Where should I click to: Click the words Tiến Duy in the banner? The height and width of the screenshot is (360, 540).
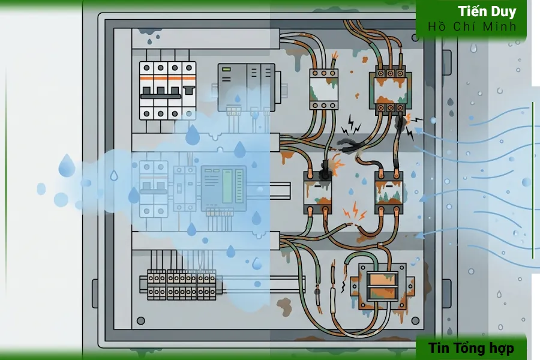pos(487,12)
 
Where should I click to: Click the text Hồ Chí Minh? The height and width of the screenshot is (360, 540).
pos(472,26)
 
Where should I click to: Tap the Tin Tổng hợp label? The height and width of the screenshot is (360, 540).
pos(471,348)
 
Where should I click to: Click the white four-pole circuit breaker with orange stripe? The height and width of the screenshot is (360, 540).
pos(168,91)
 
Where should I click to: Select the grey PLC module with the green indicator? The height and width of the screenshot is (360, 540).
pos(246,88)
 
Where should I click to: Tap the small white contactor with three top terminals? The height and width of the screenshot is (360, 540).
pos(324,89)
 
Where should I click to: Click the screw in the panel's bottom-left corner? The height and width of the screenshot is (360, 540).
pos(140,321)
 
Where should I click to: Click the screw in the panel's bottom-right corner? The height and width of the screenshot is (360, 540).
pos(416,321)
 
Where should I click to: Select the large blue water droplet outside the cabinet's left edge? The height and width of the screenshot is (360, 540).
pos(67,166)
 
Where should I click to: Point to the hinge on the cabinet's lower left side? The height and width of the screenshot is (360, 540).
pos(95,293)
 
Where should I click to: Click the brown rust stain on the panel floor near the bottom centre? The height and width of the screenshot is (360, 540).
pos(284,307)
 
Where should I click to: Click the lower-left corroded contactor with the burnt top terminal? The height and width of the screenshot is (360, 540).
pos(317,192)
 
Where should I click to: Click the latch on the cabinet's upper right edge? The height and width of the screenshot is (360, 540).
pos(446,62)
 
